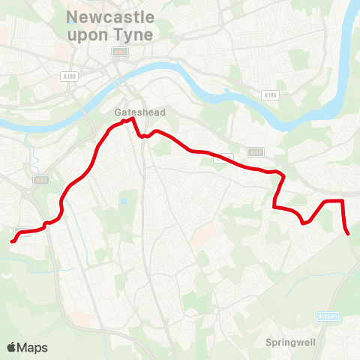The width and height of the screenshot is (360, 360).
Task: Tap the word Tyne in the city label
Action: pos(139,34)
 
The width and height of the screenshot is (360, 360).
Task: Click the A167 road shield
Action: pos(119,51)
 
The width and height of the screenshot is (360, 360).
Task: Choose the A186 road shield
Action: pos(271,95)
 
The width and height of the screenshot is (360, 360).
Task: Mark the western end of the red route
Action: pos(12,241)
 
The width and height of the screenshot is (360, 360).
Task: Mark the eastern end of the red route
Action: pos(349,234)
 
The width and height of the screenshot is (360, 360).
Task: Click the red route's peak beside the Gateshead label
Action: pos(133,118)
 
